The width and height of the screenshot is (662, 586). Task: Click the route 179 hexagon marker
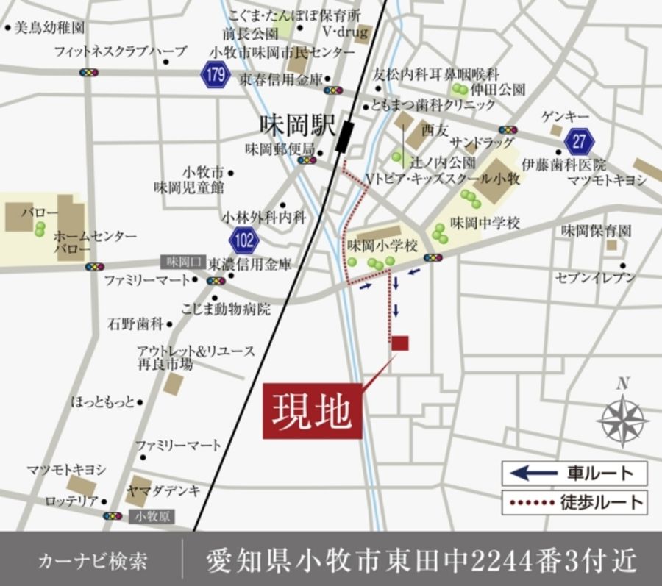(214, 75)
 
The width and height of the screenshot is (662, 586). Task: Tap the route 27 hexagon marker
(578, 139)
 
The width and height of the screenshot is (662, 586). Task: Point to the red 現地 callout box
(313, 412)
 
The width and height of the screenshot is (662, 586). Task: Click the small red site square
(400, 343)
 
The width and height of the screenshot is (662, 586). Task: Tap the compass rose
(623, 417)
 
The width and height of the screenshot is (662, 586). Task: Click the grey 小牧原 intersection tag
(152, 517)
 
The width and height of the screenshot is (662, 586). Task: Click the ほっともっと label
(103, 401)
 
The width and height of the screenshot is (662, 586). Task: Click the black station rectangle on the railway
(344, 137)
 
